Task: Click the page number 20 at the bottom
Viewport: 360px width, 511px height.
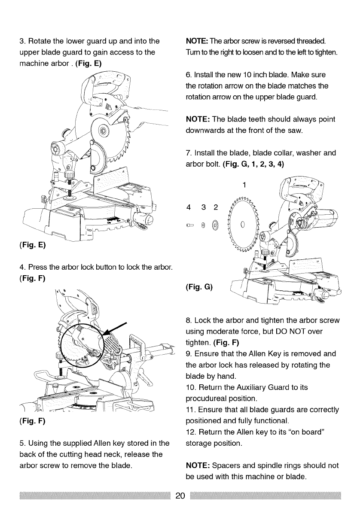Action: point(180,495)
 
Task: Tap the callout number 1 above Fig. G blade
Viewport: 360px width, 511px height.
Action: point(244,185)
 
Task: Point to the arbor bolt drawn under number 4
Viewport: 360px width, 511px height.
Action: point(190,225)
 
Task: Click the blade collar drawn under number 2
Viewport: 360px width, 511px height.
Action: point(216,224)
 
